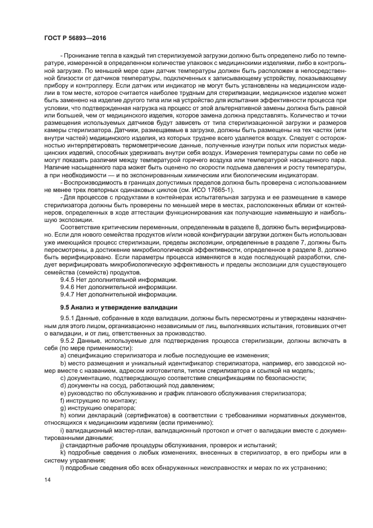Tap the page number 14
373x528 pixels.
[47, 479]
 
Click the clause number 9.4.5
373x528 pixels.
[69, 279]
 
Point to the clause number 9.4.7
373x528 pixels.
[69, 294]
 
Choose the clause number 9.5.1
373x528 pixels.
[69, 319]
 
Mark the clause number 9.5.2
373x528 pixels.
[69, 341]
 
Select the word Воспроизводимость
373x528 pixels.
[95, 183]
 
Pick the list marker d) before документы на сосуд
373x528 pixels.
[63, 385]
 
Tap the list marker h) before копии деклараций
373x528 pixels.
[63, 415]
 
